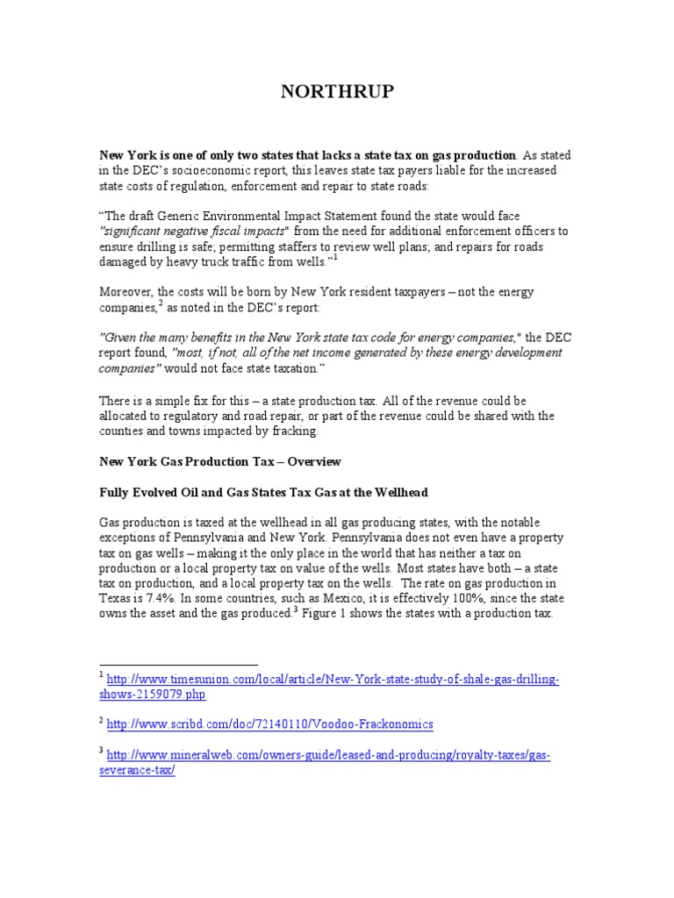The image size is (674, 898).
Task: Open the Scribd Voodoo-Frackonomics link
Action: pyautogui.click(x=269, y=724)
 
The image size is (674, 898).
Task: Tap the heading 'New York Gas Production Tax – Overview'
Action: pyautogui.click(x=219, y=461)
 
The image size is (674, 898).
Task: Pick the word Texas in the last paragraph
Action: pyautogui.click(x=117, y=599)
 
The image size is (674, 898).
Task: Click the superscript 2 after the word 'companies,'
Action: pyautogui.click(x=160, y=303)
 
